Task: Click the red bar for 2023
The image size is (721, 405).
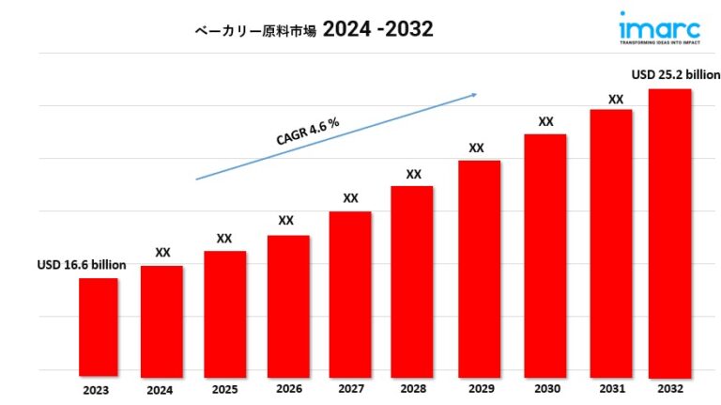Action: (x=99, y=324)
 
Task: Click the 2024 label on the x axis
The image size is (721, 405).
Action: (x=161, y=390)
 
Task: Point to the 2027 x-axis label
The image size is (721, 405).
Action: (x=349, y=388)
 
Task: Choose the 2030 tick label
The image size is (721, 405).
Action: (x=545, y=388)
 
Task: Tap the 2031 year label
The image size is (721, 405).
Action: (x=610, y=388)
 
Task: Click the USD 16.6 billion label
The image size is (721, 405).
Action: (x=82, y=265)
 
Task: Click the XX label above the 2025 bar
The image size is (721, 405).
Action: (x=224, y=239)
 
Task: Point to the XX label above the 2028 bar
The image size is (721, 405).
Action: (x=413, y=174)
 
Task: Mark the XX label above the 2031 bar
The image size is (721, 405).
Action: (x=616, y=99)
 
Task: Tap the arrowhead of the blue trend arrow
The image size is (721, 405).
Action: (x=474, y=94)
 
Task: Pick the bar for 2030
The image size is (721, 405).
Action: (x=545, y=253)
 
